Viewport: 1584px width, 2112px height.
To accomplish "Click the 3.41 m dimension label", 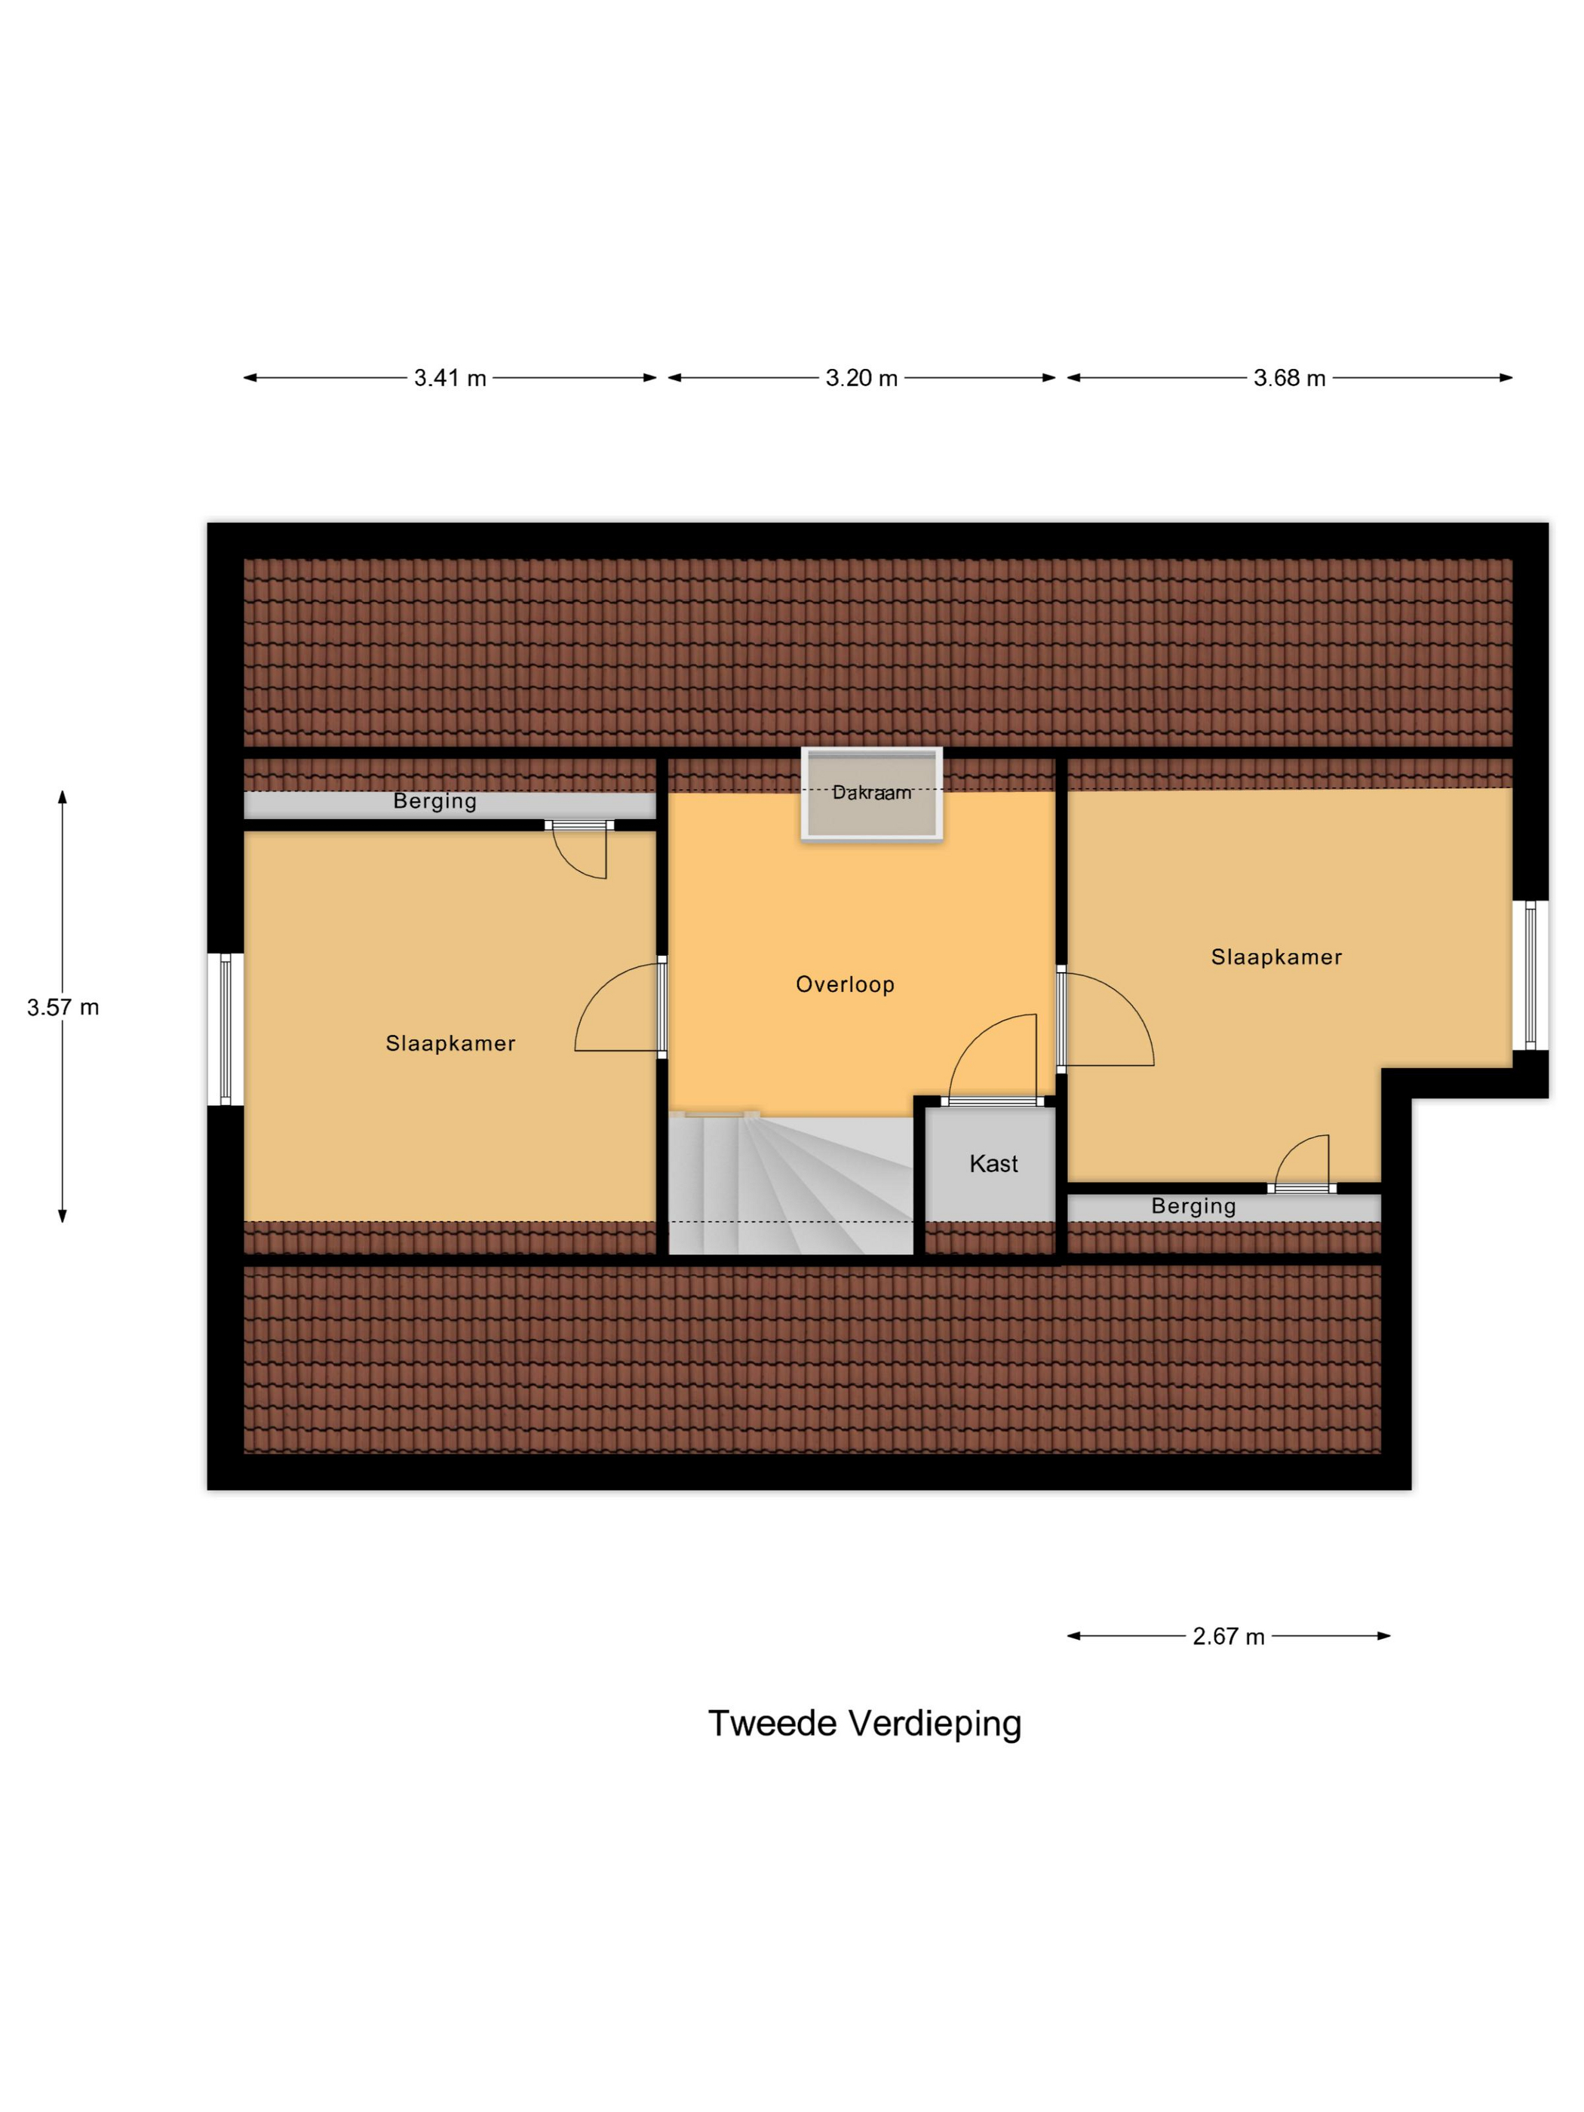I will [x=450, y=378].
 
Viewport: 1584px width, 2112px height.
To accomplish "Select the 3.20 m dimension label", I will [x=861, y=378].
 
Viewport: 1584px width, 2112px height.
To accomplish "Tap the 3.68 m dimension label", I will [x=1289, y=378].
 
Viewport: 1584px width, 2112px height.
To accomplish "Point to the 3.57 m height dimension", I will [x=63, y=1007].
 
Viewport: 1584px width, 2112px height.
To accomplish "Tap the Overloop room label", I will [x=845, y=984].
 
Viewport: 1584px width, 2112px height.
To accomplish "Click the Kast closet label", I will [x=993, y=1164].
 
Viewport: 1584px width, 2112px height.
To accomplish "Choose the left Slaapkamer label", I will [x=450, y=1044].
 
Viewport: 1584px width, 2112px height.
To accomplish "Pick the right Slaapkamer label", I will [x=1276, y=956].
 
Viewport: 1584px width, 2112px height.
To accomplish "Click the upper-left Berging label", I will [x=435, y=802].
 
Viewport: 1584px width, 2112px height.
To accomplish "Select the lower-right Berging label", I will [x=1193, y=1206].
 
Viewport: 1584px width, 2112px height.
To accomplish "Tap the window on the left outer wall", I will [x=226, y=1030].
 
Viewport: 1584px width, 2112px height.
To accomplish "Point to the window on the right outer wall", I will [x=1530, y=975].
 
